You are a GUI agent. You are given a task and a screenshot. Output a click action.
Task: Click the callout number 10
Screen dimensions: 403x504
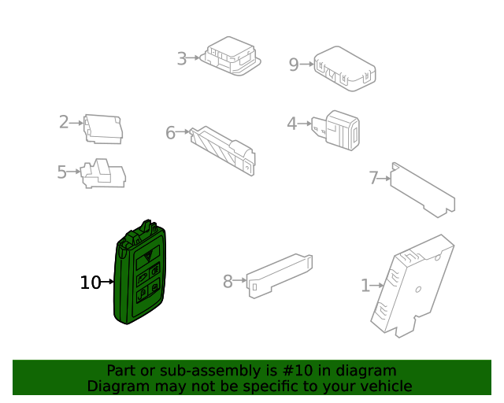coord(91,283)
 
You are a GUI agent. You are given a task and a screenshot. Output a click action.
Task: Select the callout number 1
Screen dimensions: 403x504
coord(365,286)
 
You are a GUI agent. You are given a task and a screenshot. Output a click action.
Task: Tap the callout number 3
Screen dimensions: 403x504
coord(182,59)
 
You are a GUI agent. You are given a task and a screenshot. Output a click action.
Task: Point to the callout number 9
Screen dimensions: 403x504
coord(294,65)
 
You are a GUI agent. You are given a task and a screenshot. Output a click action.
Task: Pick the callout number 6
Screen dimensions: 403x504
coord(171,133)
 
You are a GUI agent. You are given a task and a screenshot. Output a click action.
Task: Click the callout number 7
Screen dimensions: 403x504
coord(374,178)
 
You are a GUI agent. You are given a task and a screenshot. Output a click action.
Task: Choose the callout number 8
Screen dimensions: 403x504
coord(228,281)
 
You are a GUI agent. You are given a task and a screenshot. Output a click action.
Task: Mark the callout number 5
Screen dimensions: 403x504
coord(62,172)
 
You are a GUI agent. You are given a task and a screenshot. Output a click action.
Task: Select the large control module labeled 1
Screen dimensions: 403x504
coord(413,285)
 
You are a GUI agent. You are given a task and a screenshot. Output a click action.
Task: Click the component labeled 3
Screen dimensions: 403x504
coord(229,56)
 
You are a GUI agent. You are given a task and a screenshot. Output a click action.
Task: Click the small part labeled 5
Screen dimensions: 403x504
coord(103,175)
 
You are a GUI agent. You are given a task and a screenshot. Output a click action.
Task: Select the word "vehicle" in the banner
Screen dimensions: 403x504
coord(384,386)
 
